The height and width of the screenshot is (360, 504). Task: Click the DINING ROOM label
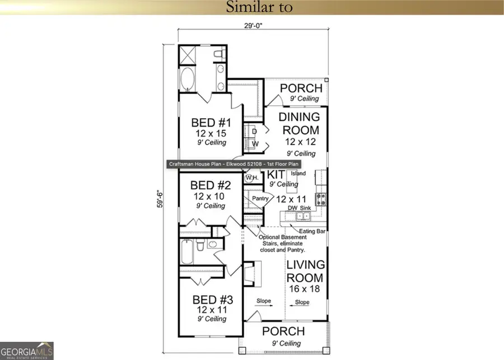coord(300,124)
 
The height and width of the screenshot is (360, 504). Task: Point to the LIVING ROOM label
coord(305,271)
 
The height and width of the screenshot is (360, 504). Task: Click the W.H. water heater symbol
coord(251,178)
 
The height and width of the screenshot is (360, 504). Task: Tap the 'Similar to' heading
coord(251,8)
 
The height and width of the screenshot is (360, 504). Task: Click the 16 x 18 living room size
coord(305,289)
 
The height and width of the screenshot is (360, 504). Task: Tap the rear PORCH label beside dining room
coord(301,88)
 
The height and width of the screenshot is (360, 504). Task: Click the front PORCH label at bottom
coord(284,331)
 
